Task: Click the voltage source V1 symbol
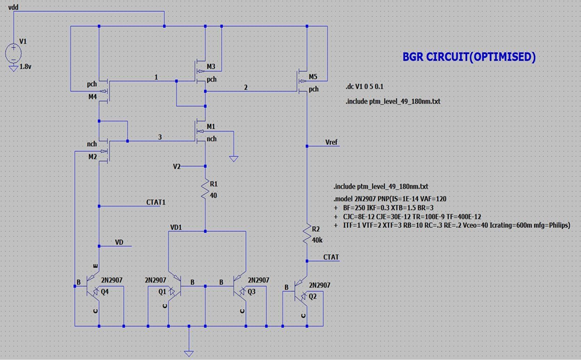pos(14,52)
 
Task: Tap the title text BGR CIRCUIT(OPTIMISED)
pos(469,57)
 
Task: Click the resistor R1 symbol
pos(204,190)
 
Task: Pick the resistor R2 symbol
pos(307,234)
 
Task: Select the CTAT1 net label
pos(155,202)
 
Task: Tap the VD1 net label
pos(176,227)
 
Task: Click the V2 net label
pos(177,167)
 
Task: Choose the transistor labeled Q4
pos(96,290)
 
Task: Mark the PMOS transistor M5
pos(304,81)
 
